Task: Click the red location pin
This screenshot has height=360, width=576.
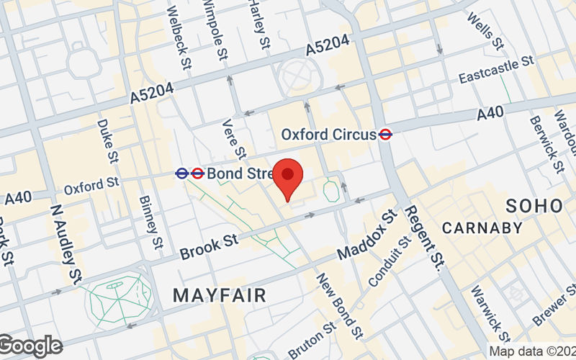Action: pos(288,179)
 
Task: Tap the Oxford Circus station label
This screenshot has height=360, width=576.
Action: pos(328,134)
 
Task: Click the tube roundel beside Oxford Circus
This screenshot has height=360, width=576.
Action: pos(386,134)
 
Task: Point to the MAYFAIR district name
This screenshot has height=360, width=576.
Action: pos(220,294)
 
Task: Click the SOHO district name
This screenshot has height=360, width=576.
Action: pos(534,205)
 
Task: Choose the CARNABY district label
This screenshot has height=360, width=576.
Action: pos(482,228)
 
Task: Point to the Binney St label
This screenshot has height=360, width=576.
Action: pos(150,222)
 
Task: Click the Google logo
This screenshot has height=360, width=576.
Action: pos(30,346)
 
